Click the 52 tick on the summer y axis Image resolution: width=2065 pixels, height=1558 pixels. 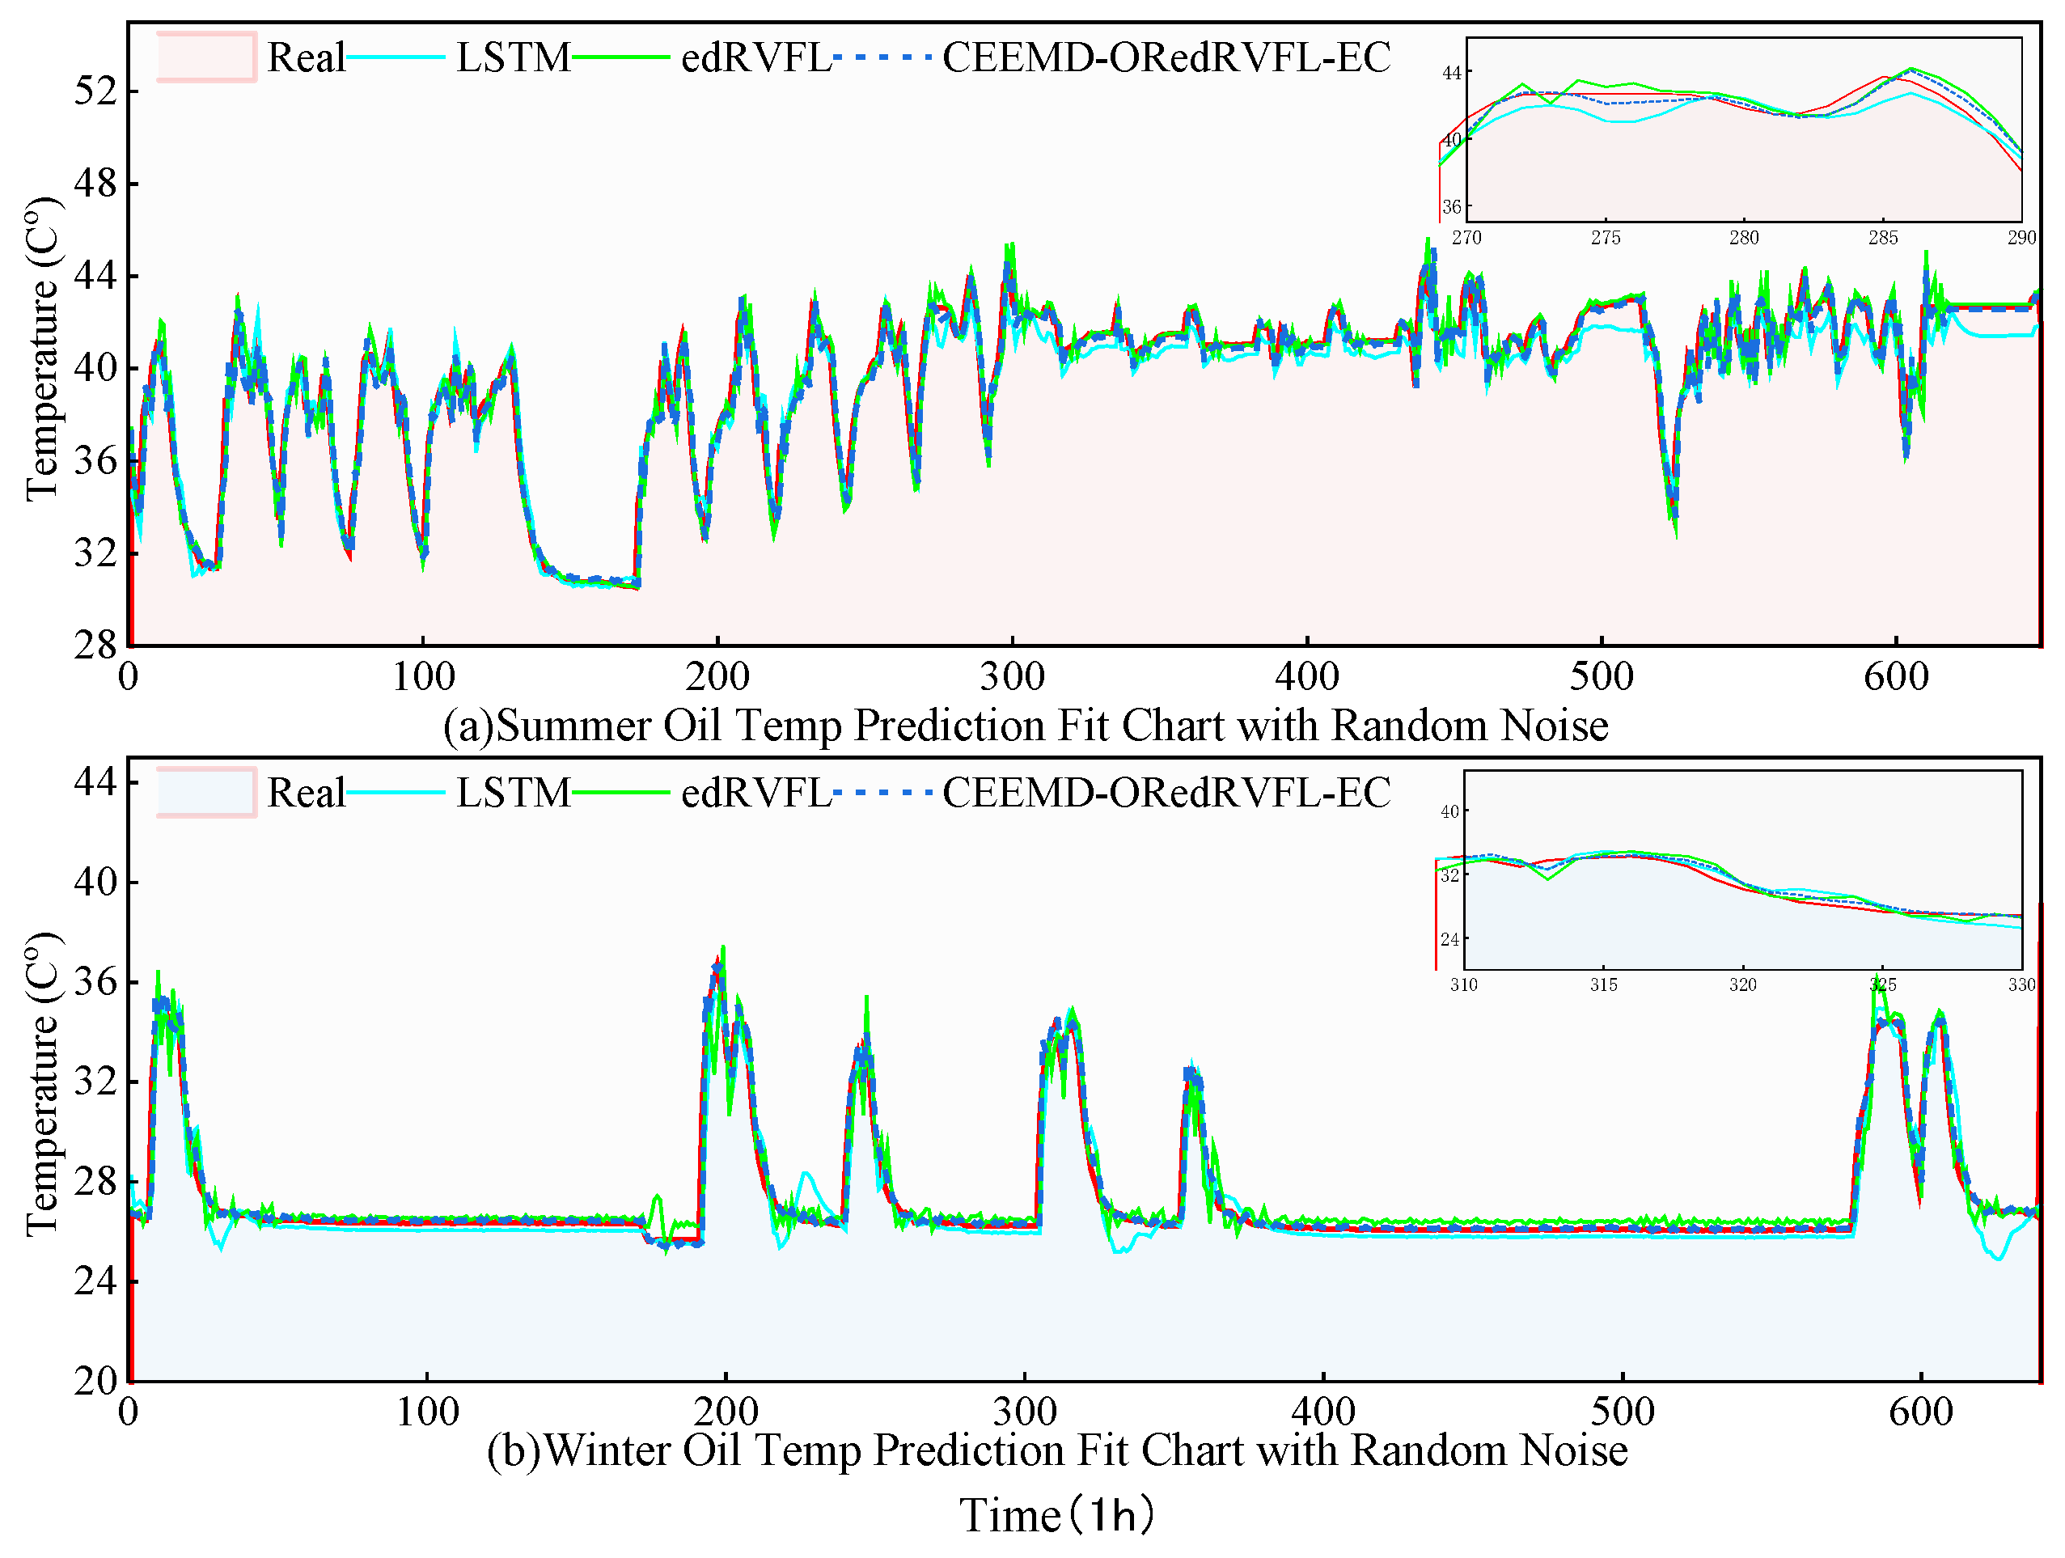point(96,91)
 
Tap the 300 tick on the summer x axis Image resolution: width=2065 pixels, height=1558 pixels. point(1012,675)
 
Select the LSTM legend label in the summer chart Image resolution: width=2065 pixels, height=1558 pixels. point(513,58)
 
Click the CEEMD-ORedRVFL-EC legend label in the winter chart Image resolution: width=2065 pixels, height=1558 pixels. point(1166,793)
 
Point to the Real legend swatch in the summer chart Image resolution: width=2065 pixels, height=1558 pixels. point(206,58)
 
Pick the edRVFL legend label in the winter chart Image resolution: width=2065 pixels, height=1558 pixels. point(755,793)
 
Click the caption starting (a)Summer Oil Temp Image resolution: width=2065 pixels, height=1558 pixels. point(1025,726)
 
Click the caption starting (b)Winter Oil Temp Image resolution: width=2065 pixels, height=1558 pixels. point(1057,1450)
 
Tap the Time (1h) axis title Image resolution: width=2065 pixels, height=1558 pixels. point(1057,1514)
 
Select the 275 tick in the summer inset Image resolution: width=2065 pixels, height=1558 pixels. point(1606,238)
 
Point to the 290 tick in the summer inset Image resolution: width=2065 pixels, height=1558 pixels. point(2021,238)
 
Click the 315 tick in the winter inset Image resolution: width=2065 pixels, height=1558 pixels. point(1604,984)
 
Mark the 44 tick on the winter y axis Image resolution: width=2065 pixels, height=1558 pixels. point(96,781)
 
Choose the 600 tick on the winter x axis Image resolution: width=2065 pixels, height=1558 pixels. point(1920,1412)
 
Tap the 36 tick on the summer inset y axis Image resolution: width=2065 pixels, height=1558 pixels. point(1451,207)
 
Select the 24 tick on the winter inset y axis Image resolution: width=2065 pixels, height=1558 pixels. point(1449,939)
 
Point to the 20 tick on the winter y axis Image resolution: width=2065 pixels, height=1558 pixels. point(96,1381)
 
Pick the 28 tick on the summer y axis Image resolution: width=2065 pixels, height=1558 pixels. point(96,644)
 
